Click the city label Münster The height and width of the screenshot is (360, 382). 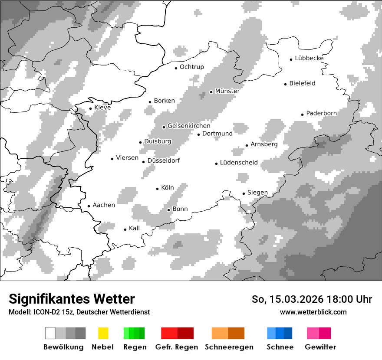[x=227, y=91]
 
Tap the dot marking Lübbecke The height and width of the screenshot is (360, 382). [x=291, y=59]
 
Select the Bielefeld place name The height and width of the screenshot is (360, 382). [x=302, y=83]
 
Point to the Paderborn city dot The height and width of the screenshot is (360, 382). [x=302, y=115]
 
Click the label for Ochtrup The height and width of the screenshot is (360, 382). [x=191, y=67]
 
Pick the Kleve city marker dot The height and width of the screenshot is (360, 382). [x=90, y=109]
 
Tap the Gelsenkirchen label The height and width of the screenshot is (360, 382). [x=189, y=126]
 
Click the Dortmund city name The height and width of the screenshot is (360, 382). [x=217, y=134]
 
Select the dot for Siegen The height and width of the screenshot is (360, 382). [x=244, y=194]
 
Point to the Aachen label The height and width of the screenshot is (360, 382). [x=104, y=205]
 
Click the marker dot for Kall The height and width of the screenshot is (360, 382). [x=125, y=229]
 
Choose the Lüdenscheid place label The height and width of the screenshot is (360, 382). [x=239, y=163]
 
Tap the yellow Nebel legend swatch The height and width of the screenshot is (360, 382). [x=103, y=333]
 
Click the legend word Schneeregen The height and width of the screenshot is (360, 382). [x=229, y=347]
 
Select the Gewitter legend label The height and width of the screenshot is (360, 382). [x=320, y=347]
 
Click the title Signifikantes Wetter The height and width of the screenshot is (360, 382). [x=72, y=299]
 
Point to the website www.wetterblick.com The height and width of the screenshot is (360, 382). [x=313, y=312]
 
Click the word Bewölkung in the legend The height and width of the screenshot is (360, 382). [x=63, y=347]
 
